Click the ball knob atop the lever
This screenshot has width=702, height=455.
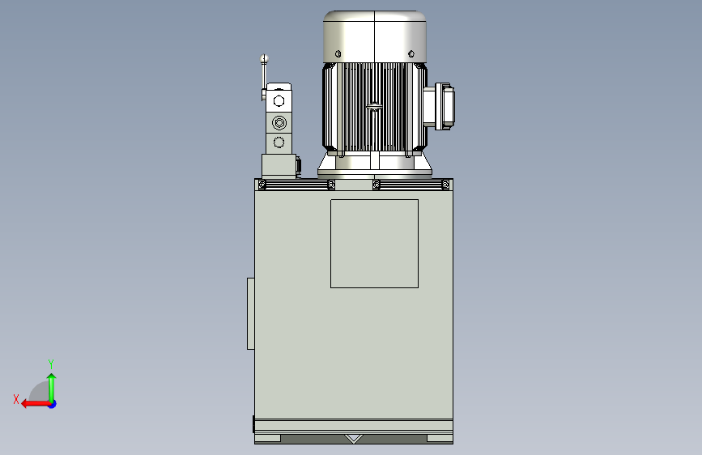(264, 58)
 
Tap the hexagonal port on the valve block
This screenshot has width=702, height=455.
(279, 100)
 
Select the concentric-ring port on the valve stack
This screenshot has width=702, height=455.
(279, 122)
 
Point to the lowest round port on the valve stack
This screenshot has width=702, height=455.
(279, 142)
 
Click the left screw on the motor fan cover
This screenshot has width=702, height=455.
(338, 54)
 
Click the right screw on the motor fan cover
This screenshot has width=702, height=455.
(411, 54)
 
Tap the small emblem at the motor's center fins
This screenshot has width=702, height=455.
(373, 107)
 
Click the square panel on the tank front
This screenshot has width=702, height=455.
(374, 244)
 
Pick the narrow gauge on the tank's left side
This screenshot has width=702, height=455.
(251, 313)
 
